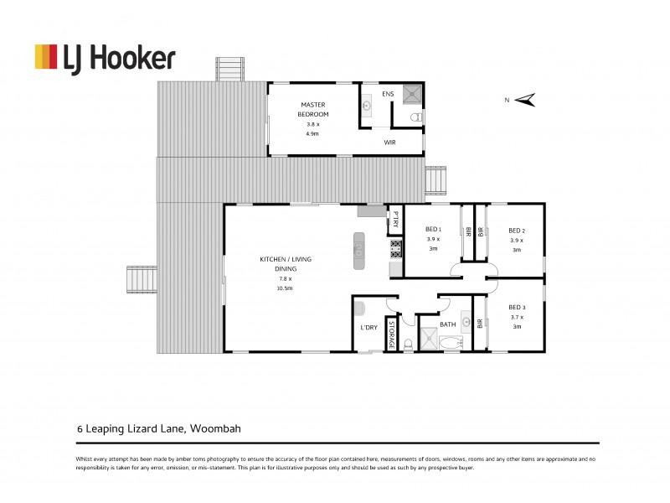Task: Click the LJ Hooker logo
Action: (104, 57)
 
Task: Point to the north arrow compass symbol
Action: (524, 101)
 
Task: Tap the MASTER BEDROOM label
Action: (315, 109)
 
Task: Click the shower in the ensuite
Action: (412, 94)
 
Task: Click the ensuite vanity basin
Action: (367, 106)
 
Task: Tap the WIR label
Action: (389, 143)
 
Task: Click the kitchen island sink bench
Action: (359, 251)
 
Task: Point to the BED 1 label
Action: (433, 230)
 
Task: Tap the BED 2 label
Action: (517, 231)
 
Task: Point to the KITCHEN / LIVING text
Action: (285, 260)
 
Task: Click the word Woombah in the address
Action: (217, 428)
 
